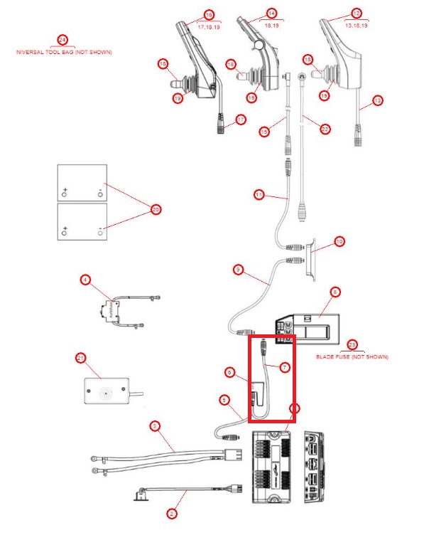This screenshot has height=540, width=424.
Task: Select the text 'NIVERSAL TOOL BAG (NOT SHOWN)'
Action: pos(64,53)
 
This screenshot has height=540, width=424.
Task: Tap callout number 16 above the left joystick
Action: pos(209,14)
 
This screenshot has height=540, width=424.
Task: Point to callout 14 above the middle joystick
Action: pos(271,14)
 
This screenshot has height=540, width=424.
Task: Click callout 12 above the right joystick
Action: pos(357,14)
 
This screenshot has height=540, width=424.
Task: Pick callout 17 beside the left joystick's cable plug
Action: pos(241,120)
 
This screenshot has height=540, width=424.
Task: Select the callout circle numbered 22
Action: pos(325,129)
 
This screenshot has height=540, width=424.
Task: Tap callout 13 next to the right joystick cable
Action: pos(377,101)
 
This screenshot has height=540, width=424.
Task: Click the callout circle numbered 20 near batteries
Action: pos(156,209)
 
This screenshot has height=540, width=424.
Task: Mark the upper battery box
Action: pos(82,182)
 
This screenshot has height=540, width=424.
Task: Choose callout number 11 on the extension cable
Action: pos(259,194)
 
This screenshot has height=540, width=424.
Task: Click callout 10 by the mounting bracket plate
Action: pos(339,242)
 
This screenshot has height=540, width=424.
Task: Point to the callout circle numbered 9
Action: pos(238,270)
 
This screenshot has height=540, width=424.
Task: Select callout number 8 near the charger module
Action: pos(335,291)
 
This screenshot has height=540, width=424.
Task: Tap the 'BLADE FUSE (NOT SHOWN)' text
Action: pos(352,356)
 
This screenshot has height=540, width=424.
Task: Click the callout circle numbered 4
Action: pos(85,280)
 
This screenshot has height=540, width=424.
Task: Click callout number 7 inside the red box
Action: pos(283,367)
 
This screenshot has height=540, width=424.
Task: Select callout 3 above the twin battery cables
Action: pos(154,426)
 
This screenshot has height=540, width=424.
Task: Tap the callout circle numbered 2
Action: pos(170,512)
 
